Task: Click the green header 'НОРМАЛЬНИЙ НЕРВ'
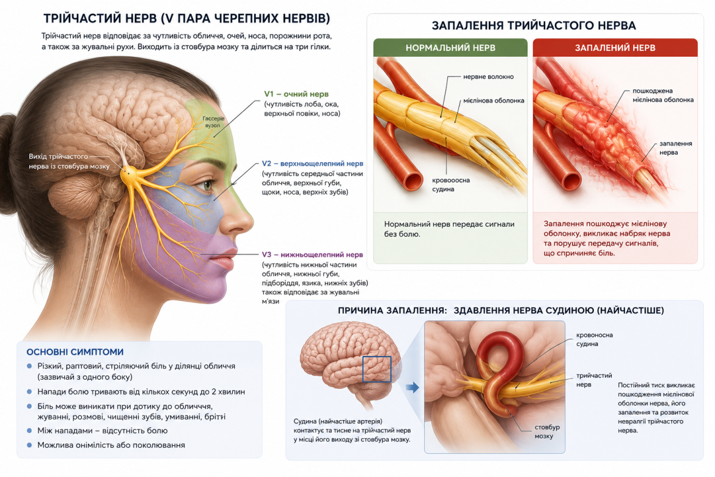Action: click(x=450, y=48)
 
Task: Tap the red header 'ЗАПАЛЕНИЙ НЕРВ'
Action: click(x=615, y=48)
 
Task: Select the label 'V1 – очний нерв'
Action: click(x=296, y=94)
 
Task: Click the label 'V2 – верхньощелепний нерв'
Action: click(x=312, y=163)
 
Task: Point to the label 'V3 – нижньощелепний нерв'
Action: click(x=312, y=254)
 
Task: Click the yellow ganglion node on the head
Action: click(x=130, y=172)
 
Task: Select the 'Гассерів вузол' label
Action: click(x=213, y=122)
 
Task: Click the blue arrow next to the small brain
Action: click(x=413, y=388)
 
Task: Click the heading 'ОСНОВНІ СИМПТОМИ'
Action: click(x=75, y=352)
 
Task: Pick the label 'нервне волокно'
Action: click(x=488, y=76)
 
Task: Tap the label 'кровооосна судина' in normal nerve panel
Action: click(x=450, y=185)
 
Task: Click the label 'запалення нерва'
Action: click(x=675, y=148)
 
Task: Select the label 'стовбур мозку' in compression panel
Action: click(x=547, y=431)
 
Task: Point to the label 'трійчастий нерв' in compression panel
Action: click(x=594, y=380)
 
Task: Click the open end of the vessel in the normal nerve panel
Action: click(x=413, y=180)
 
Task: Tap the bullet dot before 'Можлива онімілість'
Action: click(x=30, y=445)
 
